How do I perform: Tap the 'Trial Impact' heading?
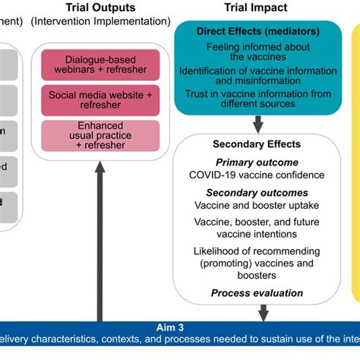click(255, 8)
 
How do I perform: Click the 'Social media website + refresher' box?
click(100, 98)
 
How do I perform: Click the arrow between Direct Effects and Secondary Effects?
click(257, 123)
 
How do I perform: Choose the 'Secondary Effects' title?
click(257, 144)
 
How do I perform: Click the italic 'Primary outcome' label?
click(257, 163)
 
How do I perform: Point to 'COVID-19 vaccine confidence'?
click(257, 175)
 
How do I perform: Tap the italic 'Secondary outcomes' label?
click(257, 193)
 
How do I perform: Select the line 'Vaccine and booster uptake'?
click(257, 206)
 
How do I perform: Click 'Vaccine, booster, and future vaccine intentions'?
click(257, 229)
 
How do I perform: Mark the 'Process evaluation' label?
click(257, 293)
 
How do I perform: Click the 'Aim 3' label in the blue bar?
click(179, 327)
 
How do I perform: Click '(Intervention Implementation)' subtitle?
click(100, 22)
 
